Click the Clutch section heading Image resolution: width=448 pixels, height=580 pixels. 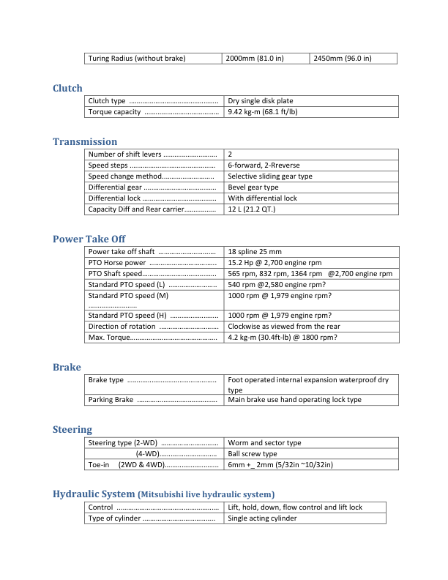(x=67, y=89)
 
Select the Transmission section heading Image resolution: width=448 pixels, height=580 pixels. (x=85, y=141)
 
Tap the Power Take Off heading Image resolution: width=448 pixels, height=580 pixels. (x=90, y=239)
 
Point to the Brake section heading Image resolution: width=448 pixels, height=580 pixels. (x=67, y=367)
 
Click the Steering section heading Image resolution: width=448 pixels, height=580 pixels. (x=72, y=429)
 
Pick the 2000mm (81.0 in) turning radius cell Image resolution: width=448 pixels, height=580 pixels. (x=255, y=58)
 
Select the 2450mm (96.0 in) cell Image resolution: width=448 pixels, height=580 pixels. (x=342, y=58)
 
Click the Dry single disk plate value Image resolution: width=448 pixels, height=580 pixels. (x=261, y=101)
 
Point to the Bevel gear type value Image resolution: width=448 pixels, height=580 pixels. (x=253, y=187)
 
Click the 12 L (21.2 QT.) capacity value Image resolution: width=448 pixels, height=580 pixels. (x=252, y=209)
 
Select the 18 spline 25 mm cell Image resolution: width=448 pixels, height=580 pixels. (x=260, y=252)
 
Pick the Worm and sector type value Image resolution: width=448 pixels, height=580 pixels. (x=264, y=443)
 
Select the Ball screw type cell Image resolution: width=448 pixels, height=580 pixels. (x=253, y=454)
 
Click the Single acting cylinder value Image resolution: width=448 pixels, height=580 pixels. (x=262, y=518)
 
